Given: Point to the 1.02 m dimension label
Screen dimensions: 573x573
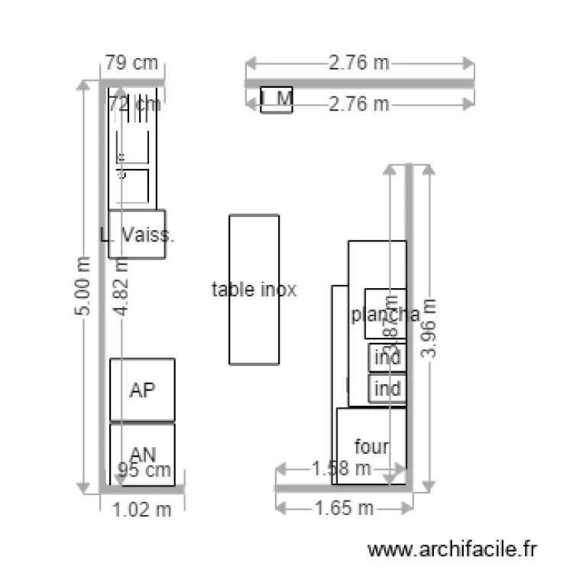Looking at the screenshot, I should [142, 510].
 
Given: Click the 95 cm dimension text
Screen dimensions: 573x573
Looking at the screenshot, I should [144, 471].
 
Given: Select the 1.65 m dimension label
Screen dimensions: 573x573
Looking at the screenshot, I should [345, 507].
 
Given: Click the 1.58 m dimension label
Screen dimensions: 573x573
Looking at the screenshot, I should [342, 467].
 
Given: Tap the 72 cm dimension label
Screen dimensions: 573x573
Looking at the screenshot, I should [134, 104].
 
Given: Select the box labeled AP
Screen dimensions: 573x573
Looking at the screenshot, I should [142, 390].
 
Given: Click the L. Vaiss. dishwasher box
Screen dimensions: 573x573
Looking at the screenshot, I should [137, 234].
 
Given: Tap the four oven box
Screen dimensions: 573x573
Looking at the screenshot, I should [371, 445].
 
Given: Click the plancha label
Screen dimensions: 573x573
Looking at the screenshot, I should [384, 314].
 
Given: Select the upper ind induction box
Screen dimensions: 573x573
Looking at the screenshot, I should [387, 358].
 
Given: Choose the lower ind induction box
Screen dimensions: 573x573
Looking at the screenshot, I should [387, 389].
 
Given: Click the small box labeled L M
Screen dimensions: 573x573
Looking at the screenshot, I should [277, 99].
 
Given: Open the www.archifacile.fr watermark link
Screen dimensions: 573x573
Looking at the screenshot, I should [453, 549].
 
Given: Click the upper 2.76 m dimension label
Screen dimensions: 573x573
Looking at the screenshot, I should [358, 63].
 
